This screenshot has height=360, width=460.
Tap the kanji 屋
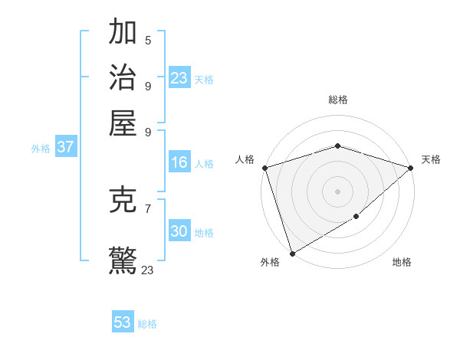coord(123,123)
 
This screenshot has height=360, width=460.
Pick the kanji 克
coord(123,201)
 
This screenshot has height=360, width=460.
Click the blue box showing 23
coord(179,77)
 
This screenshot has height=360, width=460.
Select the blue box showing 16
coord(179,162)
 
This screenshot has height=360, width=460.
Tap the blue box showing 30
coord(179,231)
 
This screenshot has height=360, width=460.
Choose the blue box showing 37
coord(65,147)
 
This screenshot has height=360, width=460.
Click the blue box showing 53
coord(123,322)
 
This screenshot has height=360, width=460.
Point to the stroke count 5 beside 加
coord(148,41)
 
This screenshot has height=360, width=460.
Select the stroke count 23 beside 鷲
coord(148,270)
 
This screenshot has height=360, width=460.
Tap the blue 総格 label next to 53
coord(147,324)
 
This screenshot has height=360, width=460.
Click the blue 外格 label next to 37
coord(41,149)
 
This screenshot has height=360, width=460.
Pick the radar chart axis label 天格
coord(432,159)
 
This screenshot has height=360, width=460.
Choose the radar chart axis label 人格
coord(245,159)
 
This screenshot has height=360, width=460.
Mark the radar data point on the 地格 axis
coord(356,217)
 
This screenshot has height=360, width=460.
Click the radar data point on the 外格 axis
coord(292,254)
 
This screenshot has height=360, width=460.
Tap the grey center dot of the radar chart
coord(337,191)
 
